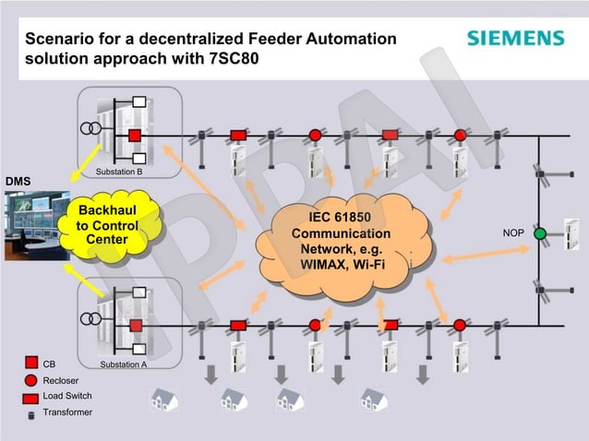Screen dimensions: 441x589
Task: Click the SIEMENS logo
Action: (514, 38)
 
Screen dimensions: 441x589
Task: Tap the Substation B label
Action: (119, 173)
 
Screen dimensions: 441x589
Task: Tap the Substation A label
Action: (123, 365)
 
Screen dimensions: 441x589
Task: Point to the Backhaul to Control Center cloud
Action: (106, 225)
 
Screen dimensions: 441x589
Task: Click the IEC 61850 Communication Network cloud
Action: (341, 242)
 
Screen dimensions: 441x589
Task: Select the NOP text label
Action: (513, 233)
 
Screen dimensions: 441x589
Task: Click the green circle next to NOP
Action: (540, 233)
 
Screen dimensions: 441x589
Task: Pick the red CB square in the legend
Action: (30, 364)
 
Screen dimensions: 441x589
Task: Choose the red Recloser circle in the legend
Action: (30, 379)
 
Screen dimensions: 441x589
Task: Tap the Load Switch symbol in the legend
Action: (30, 396)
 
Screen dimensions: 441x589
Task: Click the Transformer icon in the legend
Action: (30, 412)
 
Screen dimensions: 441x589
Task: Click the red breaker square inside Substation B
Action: (135, 137)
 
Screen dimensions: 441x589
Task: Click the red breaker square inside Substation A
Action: (135, 326)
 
